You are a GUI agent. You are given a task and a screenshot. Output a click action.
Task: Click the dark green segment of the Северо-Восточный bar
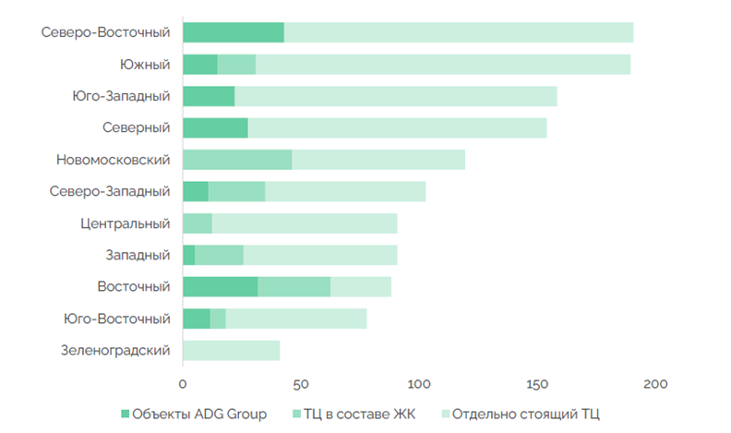point(233,32)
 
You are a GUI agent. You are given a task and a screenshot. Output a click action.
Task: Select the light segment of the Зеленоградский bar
point(231,351)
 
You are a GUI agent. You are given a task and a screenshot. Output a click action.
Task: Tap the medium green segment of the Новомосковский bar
point(237,160)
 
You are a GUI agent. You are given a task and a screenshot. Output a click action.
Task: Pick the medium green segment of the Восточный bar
point(294,287)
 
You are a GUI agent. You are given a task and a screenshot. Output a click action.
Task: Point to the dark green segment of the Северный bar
point(215,127)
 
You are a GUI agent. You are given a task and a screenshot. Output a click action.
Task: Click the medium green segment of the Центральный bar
point(197,223)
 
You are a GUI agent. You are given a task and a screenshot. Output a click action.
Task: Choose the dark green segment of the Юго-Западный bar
point(209,96)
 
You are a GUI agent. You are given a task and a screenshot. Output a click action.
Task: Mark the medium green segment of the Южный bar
point(236,64)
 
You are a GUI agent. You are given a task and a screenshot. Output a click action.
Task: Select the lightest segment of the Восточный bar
point(360,287)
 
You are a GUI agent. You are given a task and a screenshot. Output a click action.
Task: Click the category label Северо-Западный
point(110,191)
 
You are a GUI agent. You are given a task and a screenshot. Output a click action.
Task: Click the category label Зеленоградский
point(115,351)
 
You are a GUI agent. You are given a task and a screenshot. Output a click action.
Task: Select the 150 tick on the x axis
point(537,382)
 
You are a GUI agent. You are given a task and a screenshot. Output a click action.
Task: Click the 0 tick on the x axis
point(183,382)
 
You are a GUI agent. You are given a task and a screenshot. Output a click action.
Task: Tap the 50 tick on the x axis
point(301,382)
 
